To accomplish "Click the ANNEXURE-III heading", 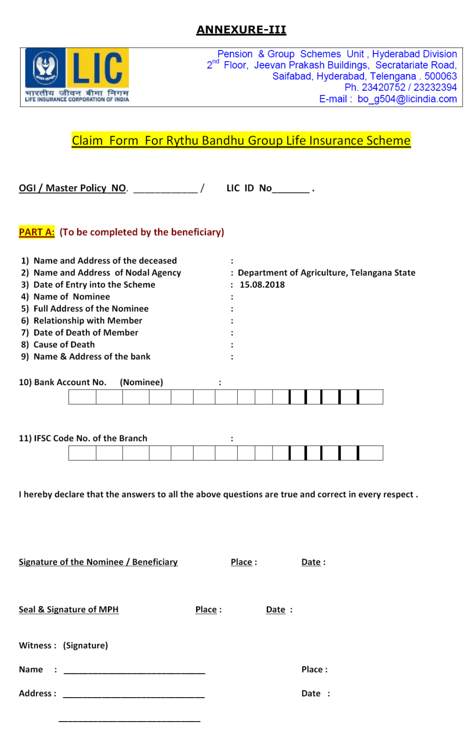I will tap(241, 30).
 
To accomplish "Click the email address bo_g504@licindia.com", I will tap(407, 99).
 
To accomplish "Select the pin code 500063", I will tap(440, 76).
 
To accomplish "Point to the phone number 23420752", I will tap(383, 87).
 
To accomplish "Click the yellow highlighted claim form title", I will tap(241, 140).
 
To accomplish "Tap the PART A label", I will tap(37, 232).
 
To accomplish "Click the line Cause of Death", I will tap(64, 345).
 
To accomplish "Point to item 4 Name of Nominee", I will tap(71, 297).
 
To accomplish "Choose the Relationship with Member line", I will tap(88, 321).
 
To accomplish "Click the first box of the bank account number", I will tap(82, 397).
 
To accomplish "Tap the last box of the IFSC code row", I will tap(371, 453).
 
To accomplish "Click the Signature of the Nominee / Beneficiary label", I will tap(98, 562).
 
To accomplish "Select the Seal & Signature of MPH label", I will tap(68, 609).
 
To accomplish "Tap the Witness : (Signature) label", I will tap(63, 646).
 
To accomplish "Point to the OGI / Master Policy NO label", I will tap(73, 188).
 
